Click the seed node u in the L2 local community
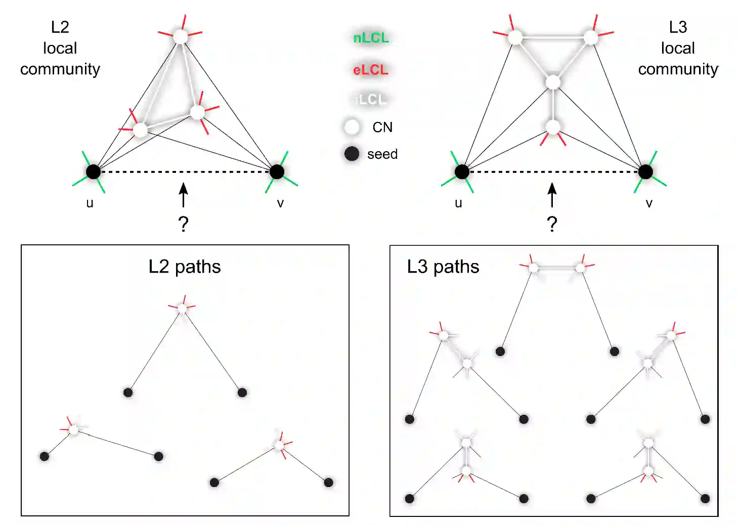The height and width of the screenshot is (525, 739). [93, 172]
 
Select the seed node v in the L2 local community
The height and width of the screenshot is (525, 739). [277, 172]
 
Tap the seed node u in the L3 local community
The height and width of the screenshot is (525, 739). [462, 172]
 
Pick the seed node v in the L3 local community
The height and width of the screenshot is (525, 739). [645, 172]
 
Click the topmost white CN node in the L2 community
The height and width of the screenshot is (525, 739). [181, 36]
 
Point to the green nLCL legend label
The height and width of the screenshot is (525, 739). [371, 38]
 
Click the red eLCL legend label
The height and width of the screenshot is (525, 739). [371, 70]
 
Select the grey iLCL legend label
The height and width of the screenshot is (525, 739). [371, 100]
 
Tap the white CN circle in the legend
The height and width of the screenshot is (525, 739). [352, 127]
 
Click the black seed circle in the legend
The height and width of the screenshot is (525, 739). [352, 154]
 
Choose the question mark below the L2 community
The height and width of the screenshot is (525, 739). [184, 224]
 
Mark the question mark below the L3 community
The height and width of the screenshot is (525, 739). [552, 224]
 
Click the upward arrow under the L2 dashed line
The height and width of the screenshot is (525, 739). [184, 195]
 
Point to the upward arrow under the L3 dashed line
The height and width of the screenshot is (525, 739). [552, 195]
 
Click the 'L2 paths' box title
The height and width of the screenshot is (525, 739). [185, 267]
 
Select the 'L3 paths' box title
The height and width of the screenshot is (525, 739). [443, 267]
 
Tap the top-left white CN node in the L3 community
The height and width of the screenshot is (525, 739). [515, 37]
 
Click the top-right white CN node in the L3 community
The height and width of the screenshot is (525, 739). [591, 37]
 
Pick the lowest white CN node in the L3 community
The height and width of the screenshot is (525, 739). [553, 126]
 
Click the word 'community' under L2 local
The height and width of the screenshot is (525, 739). [60, 69]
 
